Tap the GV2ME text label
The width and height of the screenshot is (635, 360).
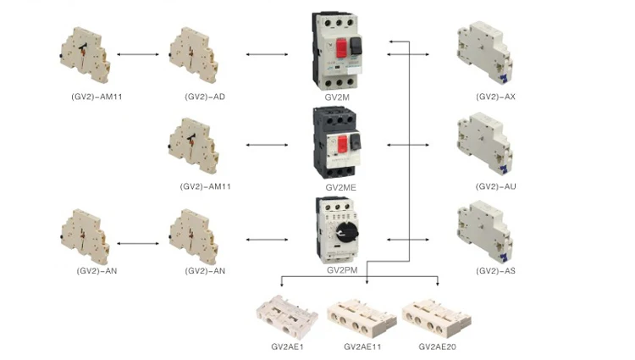[x=340, y=186]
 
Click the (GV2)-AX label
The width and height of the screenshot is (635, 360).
[x=495, y=97]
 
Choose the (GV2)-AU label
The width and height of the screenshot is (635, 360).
[x=495, y=186]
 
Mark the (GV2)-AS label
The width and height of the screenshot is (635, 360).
[x=495, y=270]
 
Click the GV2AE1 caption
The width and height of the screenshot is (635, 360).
[x=287, y=346]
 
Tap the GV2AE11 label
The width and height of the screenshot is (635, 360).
[x=363, y=346]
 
